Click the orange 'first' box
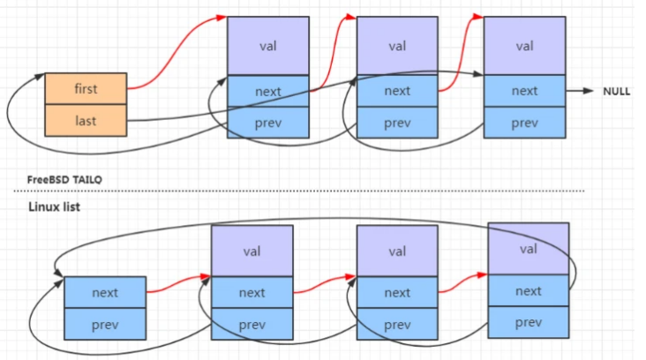[86, 89]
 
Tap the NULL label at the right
[616, 92]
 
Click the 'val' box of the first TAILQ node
[268, 46]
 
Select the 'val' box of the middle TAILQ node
[397, 46]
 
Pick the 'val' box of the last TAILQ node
[524, 46]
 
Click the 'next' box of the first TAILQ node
[268, 91]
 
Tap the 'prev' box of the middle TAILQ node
[397, 123]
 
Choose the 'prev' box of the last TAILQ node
[524, 123]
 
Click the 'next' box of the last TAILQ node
[524, 91]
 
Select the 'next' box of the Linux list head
[104, 292]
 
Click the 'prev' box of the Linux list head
[104, 324]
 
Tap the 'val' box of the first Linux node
[252, 251]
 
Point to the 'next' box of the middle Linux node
[397, 292]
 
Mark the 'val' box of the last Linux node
[528, 249]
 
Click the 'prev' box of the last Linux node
[528, 322]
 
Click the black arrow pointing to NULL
[580, 91]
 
